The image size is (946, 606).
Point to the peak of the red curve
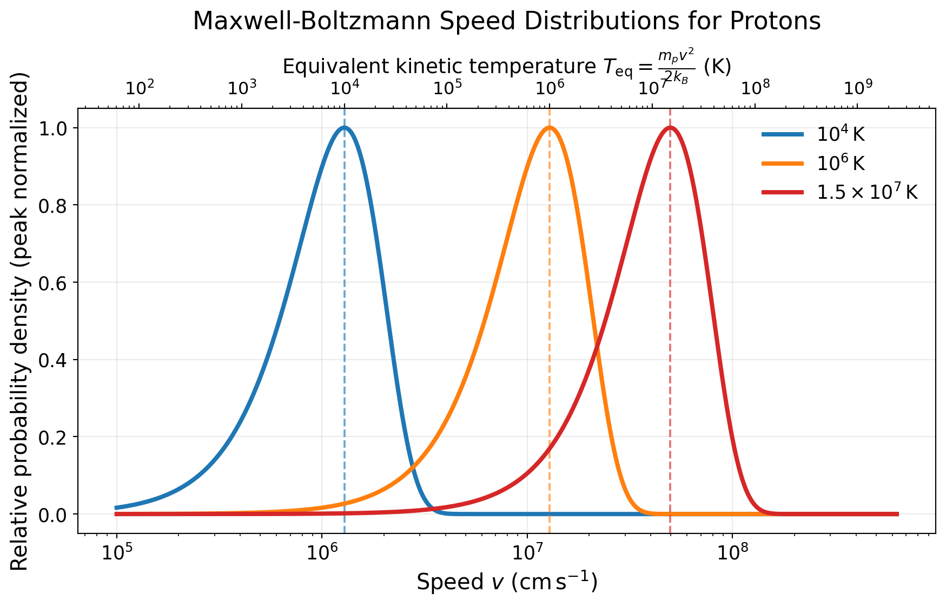click(670, 128)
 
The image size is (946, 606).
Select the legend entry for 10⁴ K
click(841, 135)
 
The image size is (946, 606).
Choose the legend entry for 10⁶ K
click(841, 163)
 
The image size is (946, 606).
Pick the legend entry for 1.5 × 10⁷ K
click(867, 192)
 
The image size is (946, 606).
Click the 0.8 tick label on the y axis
click(52, 205)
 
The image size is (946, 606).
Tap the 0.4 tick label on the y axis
click(52, 360)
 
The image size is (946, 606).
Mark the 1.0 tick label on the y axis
click(52, 128)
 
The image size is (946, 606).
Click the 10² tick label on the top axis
click(140, 87)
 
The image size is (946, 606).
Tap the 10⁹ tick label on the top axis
click(857, 87)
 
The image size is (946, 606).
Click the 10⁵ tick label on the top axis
click(447, 87)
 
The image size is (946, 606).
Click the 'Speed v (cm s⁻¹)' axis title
click(507, 582)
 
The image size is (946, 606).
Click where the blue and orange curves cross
click(413, 465)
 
